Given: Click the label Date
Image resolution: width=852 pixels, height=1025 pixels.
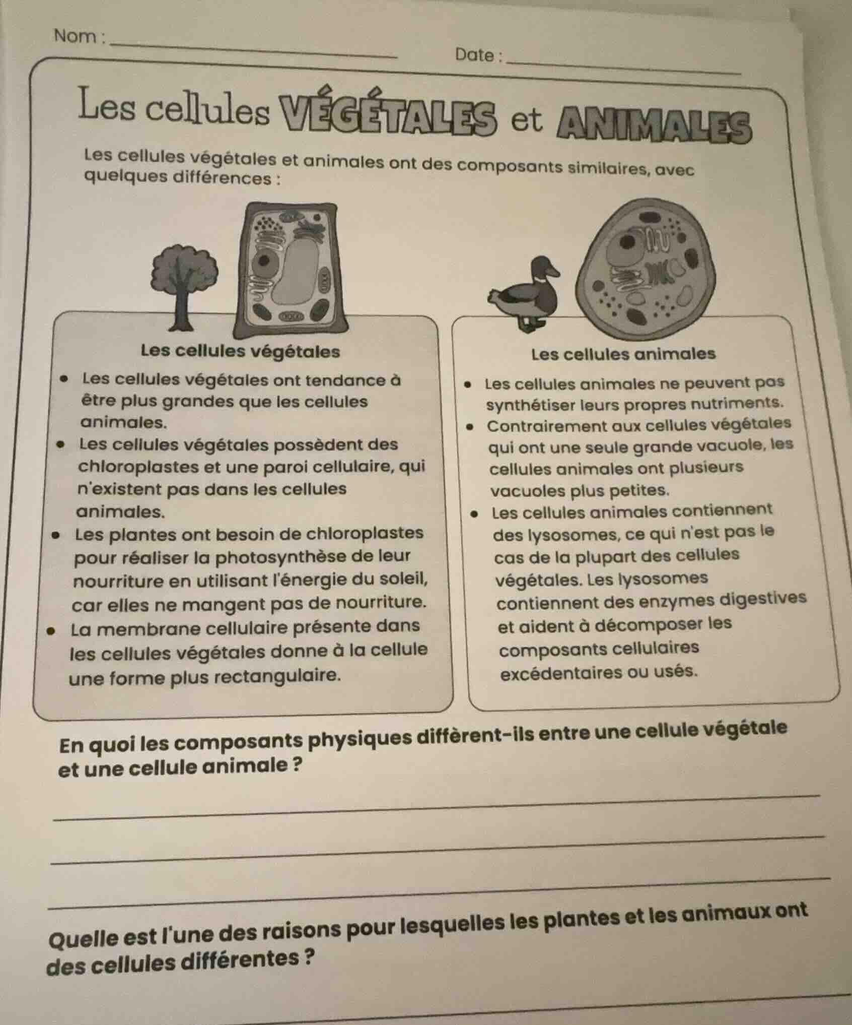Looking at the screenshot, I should point(475,55).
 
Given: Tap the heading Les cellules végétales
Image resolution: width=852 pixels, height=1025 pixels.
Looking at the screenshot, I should point(240,351).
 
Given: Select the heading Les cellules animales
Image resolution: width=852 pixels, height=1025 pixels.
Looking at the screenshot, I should point(623,354).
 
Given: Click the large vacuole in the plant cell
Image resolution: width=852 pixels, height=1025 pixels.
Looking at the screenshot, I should point(300,270).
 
